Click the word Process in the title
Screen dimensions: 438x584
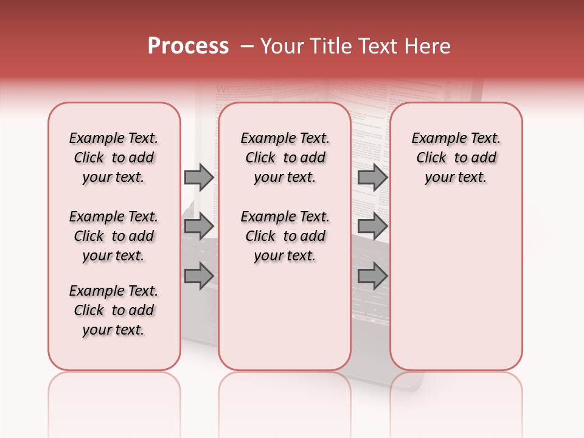[x=188, y=46]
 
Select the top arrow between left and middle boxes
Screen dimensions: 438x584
[x=199, y=177]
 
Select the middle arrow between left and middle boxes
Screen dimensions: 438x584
[x=199, y=226]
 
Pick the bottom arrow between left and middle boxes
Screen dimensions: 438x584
[x=199, y=276]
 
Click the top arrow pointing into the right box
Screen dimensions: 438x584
[x=372, y=177]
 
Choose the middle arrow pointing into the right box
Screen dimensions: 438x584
[x=372, y=226]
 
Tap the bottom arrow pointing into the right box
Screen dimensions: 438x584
[x=372, y=276]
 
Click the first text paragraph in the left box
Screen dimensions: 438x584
[x=114, y=158]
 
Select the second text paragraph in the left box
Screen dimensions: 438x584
[x=114, y=236]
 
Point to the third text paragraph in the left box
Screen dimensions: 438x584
[x=114, y=310]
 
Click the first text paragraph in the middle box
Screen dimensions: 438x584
[x=285, y=158]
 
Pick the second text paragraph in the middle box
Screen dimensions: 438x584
[x=285, y=236]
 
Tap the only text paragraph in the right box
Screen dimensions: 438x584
[x=456, y=158]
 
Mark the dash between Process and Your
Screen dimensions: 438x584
[x=247, y=46]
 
